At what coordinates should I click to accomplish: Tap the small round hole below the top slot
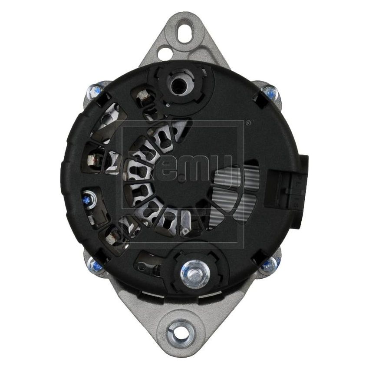click(x=165, y=53)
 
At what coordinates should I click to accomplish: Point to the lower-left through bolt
click(x=96, y=264)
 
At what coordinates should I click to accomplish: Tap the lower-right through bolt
click(x=270, y=264)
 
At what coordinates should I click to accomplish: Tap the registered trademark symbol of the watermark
click(x=248, y=123)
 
